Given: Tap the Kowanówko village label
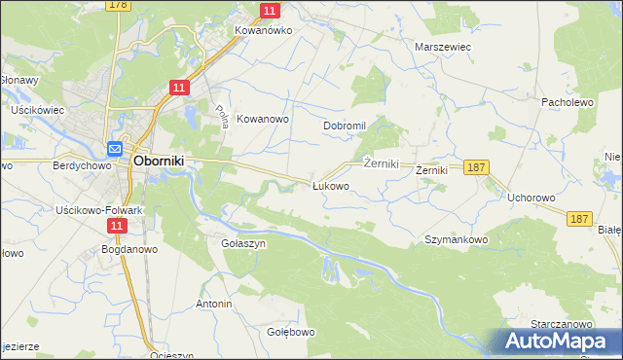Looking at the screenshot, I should pos(264,30).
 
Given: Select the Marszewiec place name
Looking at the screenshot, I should pos(443,47).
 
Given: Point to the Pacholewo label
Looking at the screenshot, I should pos(568,101).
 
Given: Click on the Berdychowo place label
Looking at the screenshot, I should pos(78,166).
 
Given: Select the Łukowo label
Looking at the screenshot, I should pos(330,185).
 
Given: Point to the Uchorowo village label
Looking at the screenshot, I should pos(531,198).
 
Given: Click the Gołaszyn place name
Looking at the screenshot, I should pos(243,244).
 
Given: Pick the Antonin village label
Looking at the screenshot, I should pos(214,305).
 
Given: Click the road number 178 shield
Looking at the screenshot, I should pos(119,5).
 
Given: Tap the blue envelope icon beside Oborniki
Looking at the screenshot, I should pos(114,149).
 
